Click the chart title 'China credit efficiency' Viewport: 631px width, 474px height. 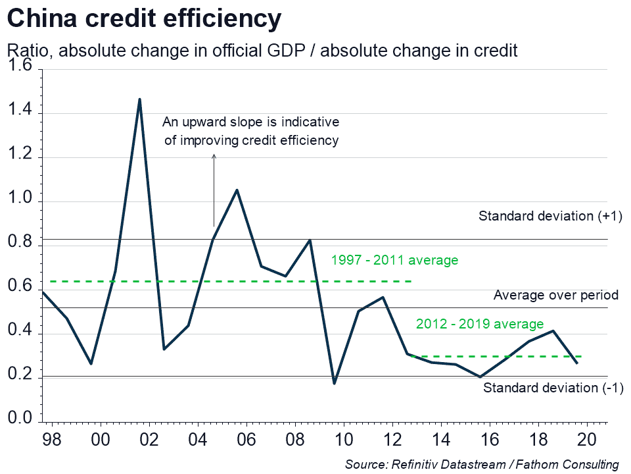[144, 20]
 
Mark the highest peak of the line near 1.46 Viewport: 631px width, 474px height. [139, 99]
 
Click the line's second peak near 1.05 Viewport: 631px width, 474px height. [237, 190]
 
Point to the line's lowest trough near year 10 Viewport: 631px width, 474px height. [334, 383]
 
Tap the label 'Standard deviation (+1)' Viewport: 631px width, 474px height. [550, 216]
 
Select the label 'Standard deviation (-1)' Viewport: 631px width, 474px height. [553, 388]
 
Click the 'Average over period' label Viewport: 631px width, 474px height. [556, 296]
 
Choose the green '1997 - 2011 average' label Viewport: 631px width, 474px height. [394, 260]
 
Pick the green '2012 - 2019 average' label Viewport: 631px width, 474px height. [480, 324]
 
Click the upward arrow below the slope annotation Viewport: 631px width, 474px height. [214, 191]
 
